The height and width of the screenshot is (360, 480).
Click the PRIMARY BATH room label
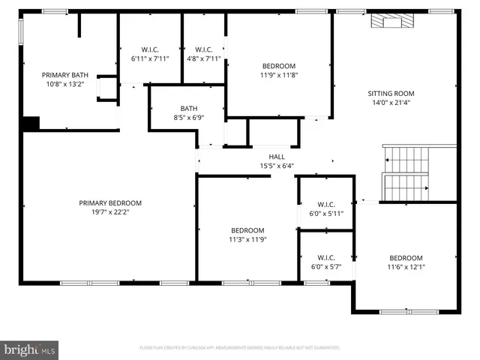[65, 75]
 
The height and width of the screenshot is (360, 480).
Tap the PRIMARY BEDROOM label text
[110, 202]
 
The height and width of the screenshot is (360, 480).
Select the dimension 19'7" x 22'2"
[110, 211]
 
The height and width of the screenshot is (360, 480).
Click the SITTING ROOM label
[391, 94]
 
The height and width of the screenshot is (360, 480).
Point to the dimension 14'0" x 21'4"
[391, 103]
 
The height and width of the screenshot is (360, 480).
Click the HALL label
[277, 157]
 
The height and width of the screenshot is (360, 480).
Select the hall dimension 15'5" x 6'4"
[277, 166]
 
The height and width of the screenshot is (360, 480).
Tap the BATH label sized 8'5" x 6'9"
[188, 108]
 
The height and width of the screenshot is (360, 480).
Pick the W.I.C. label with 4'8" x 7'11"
[202, 49]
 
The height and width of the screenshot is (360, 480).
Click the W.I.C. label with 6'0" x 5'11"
[325, 204]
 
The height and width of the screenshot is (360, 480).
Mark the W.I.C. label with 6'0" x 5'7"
[325, 257]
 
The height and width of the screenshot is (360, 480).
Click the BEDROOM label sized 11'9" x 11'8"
[278, 66]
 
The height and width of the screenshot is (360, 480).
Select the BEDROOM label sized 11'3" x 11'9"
[247, 230]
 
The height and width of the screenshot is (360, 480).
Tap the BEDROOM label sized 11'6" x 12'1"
[405, 258]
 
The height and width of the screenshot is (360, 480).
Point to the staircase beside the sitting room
[406, 172]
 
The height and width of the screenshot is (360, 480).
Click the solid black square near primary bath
[31, 124]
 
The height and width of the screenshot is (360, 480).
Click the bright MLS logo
[29, 349]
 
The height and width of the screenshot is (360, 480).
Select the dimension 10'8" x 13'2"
[65, 84]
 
